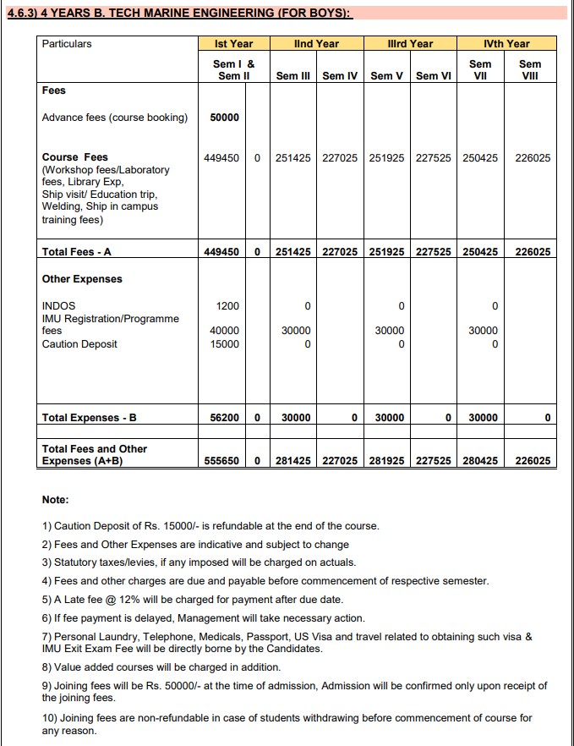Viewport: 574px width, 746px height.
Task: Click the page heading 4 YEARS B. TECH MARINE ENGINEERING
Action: pos(178,14)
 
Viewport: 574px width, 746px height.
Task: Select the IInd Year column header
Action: pos(316,43)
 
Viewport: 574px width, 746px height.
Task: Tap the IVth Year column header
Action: pos(506,43)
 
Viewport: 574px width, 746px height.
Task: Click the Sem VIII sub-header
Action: pos(530,69)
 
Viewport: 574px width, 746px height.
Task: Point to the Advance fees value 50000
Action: pos(224,118)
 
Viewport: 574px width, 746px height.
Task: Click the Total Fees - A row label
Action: pos(77,251)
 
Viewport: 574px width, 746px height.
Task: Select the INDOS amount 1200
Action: pos(227,305)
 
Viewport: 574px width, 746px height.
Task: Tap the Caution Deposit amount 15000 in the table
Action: pos(224,344)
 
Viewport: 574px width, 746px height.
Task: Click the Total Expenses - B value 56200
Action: pos(224,417)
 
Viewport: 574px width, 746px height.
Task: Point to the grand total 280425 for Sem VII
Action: pos(480,461)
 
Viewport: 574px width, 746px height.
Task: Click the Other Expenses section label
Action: pos(82,279)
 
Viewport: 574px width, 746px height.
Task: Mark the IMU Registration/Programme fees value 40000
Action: pos(224,331)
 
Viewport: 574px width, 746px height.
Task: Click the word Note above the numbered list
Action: pos(55,500)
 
